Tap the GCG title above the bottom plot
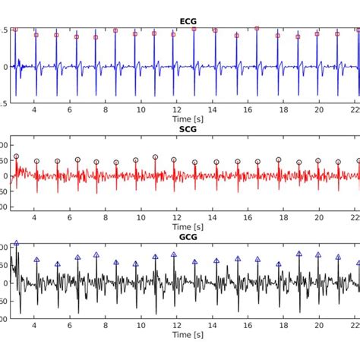point(187,237)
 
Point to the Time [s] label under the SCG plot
point(187,226)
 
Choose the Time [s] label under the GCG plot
point(187,334)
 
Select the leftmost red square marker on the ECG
point(15,30)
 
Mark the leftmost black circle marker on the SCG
point(16,156)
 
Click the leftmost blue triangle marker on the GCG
point(16,243)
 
